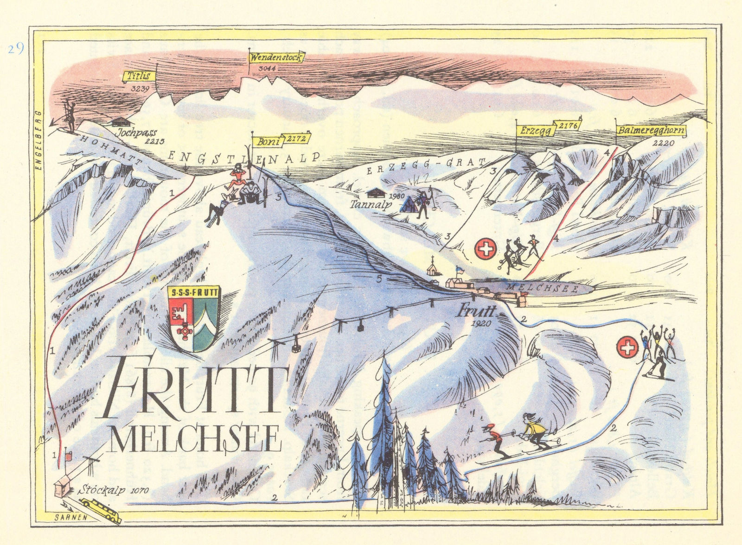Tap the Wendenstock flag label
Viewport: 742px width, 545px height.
click(276, 58)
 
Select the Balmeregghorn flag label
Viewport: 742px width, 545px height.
click(651, 131)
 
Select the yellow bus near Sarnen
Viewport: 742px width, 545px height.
click(101, 505)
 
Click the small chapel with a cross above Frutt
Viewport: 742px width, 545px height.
click(433, 267)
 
